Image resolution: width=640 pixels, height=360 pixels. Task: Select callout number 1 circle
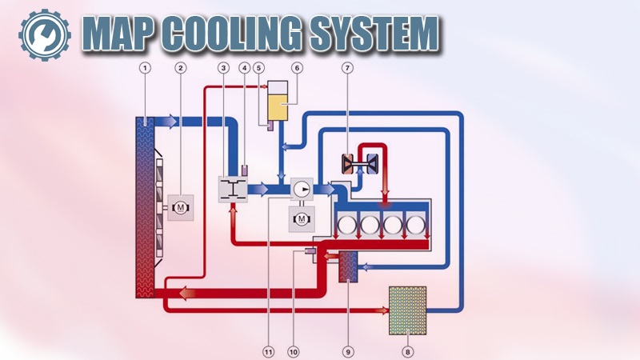click(145, 69)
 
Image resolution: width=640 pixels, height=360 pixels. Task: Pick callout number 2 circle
click(181, 69)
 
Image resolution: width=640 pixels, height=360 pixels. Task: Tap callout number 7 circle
click(348, 69)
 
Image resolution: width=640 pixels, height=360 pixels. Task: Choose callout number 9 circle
click(348, 350)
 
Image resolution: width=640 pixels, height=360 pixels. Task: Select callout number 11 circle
click(268, 350)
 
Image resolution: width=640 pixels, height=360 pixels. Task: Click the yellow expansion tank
click(281, 105)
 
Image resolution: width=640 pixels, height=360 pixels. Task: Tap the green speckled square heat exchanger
click(407, 310)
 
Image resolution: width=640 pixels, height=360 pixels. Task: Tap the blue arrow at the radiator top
click(170, 121)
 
